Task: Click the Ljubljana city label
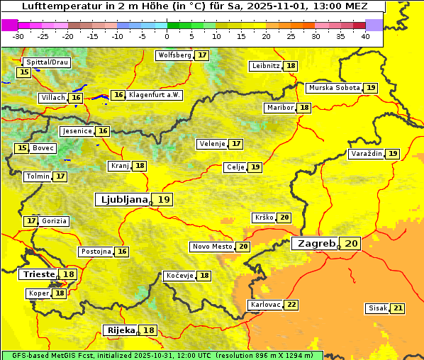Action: [x=122, y=200]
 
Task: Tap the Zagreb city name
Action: [x=316, y=243]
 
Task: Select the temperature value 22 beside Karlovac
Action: [x=291, y=305]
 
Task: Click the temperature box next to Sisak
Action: [x=398, y=308]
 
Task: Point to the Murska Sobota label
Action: [x=333, y=88]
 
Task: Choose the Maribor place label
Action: [x=279, y=108]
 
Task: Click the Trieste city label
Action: [x=38, y=274]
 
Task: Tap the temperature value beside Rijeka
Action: [x=148, y=330]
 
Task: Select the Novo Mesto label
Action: [x=212, y=247]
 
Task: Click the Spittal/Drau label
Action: [x=47, y=62]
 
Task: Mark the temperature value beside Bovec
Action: [x=22, y=148]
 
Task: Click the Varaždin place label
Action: [x=366, y=154]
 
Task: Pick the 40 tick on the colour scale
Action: [x=364, y=36]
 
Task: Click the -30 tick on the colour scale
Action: [x=18, y=36]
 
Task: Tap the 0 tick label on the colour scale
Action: [x=167, y=36]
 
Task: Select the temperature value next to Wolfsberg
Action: [x=202, y=55]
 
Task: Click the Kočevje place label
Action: [x=179, y=275]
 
